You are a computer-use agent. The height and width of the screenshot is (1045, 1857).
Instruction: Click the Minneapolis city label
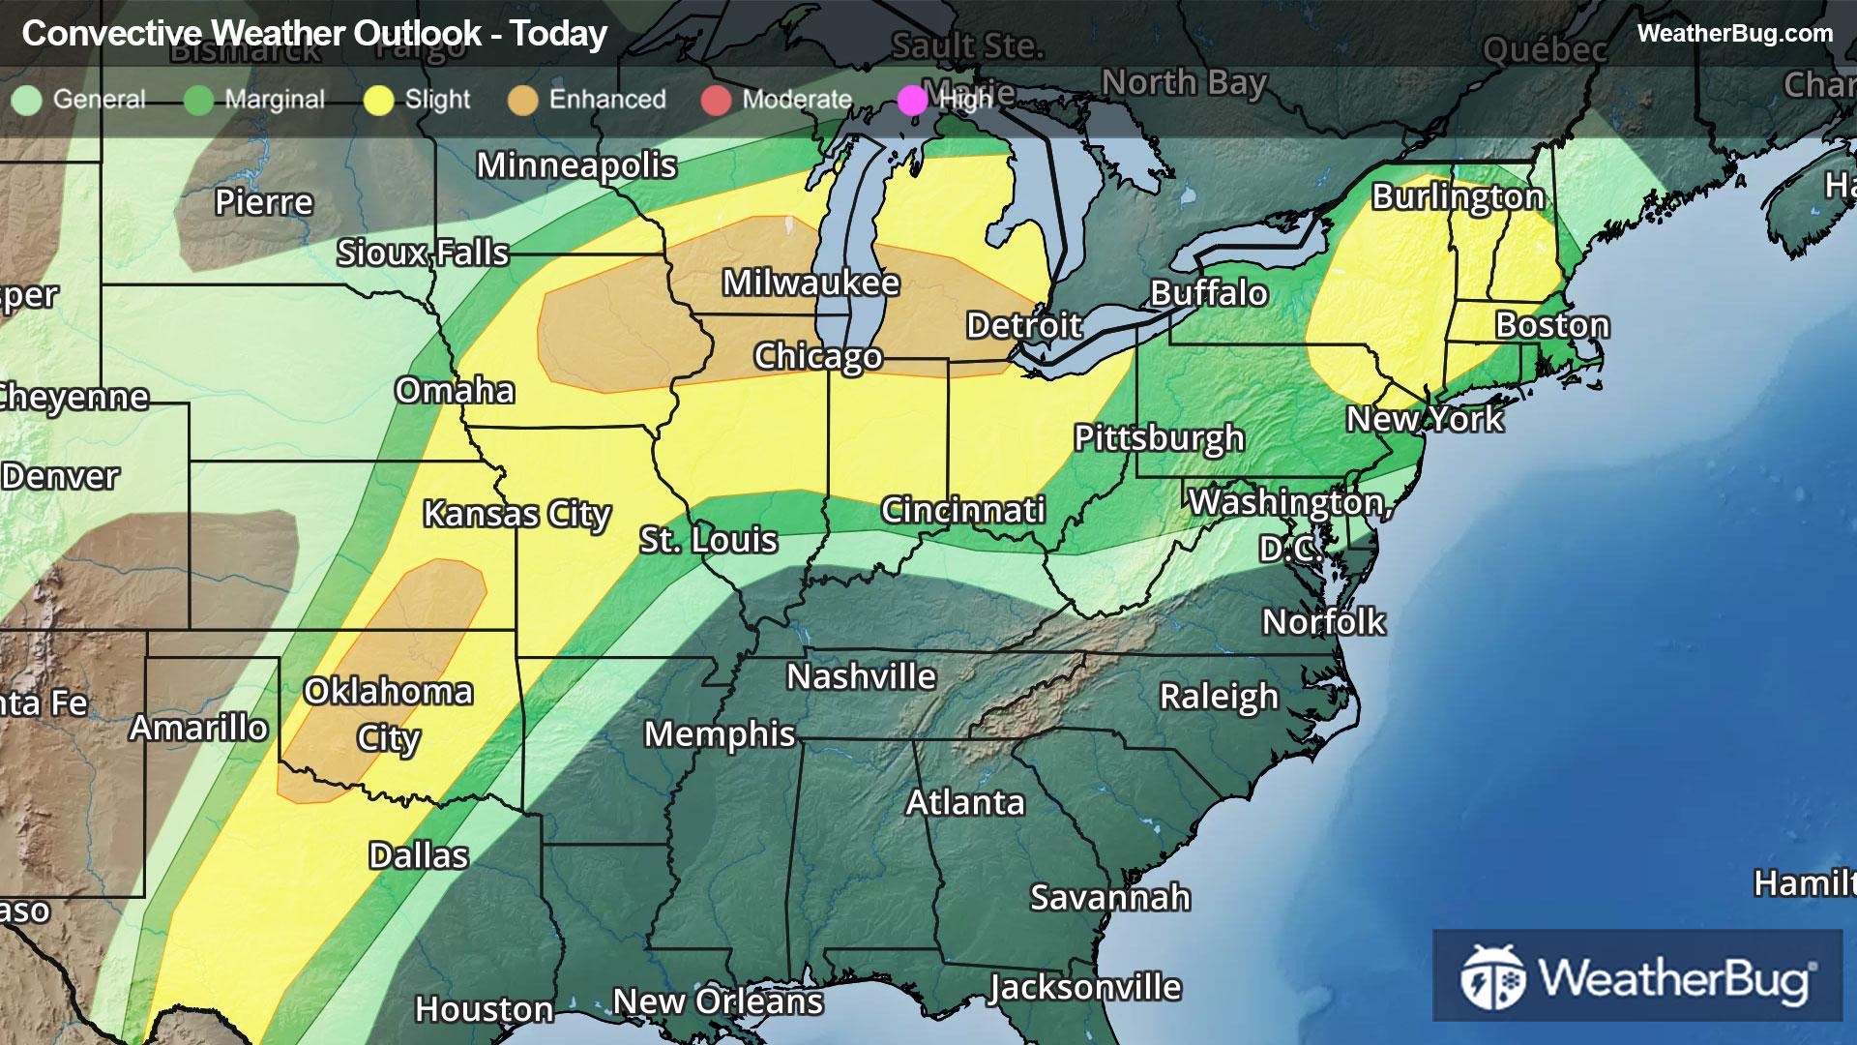coord(576,165)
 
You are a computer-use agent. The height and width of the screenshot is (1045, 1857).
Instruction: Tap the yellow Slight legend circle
coord(378,101)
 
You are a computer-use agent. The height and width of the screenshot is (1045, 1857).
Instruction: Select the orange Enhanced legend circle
coord(523,101)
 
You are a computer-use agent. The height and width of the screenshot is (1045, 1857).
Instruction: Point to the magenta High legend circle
coord(912,101)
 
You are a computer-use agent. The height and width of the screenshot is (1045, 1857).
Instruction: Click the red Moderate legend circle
coord(716,101)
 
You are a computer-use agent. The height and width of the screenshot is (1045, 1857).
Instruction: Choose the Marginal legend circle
coord(198,101)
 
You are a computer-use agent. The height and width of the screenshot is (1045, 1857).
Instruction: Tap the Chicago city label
coord(817,356)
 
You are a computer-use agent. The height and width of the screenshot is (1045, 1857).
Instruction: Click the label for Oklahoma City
coord(388,714)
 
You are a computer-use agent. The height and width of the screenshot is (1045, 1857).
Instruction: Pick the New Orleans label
coord(718,1001)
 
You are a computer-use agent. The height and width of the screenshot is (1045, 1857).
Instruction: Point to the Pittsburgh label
coord(1159,438)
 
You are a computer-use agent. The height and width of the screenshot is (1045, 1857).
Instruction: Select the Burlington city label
coord(1458,196)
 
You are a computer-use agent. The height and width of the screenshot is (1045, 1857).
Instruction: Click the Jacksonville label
coord(1084,988)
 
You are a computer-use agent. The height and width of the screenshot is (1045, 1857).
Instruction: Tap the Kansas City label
coord(516,514)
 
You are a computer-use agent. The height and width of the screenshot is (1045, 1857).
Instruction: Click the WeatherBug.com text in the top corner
coord(1734,33)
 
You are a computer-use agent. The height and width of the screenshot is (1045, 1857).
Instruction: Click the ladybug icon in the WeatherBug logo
coord(1492,977)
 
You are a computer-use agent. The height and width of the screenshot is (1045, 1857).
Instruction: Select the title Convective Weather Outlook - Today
coord(314,34)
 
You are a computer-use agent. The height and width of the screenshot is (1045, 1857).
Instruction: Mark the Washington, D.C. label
coord(1290,523)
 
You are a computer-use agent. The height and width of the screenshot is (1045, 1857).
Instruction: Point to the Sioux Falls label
coord(422,254)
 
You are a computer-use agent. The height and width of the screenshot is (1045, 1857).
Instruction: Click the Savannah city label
coord(1109,898)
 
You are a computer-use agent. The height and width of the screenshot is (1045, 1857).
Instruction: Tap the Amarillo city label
coord(198,728)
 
